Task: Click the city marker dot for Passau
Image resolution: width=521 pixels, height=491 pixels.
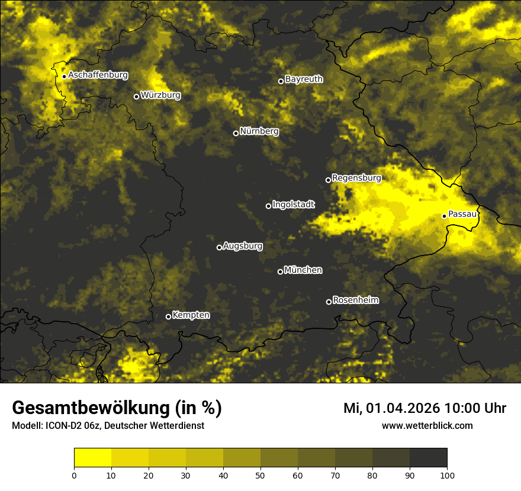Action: tap(444, 216)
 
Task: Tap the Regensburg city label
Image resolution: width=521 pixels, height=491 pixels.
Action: tap(356, 177)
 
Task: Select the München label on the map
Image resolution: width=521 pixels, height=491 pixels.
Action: tap(303, 270)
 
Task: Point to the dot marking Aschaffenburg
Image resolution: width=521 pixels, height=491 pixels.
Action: tap(64, 76)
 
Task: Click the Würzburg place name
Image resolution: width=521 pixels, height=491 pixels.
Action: tap(160, 95)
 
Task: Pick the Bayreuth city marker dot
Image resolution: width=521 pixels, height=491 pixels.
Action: tap(281, 81)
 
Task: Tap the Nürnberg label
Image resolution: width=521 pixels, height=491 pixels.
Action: tap(259, 131)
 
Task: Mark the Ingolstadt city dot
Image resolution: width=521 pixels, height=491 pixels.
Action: tap(268, 206)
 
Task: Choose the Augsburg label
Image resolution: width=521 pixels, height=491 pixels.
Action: tap(243, 246)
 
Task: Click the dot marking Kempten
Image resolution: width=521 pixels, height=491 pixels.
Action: tap(168, 316)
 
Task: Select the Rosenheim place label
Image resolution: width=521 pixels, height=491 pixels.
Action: tap(355, 300)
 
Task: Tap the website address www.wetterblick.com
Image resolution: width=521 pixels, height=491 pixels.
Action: tap(427, 425)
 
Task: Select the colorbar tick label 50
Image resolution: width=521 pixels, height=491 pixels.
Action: tap(260, 474)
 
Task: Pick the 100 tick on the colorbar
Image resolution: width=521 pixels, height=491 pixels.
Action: tap(447, 474)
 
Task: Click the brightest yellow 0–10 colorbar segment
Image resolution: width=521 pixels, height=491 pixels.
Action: tap(93, 457)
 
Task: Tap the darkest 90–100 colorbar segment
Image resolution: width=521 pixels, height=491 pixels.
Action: tap(428, 457)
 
